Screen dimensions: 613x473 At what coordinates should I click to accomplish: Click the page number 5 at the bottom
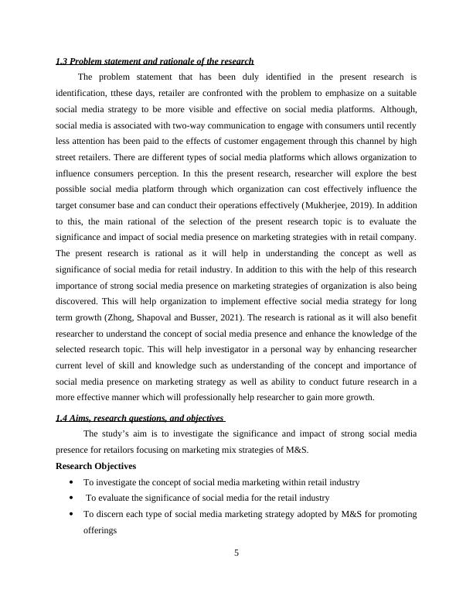coord(236,553)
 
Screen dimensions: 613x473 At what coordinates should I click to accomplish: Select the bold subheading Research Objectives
coord(97,466)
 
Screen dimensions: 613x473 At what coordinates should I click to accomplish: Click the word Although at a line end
coord(400,109)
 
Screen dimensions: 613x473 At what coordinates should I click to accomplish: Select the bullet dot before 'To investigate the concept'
coord(71,482)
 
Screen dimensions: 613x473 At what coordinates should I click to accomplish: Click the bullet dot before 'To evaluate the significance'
coord(71,498)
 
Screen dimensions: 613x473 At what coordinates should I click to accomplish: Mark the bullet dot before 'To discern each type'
coord(71,515)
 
